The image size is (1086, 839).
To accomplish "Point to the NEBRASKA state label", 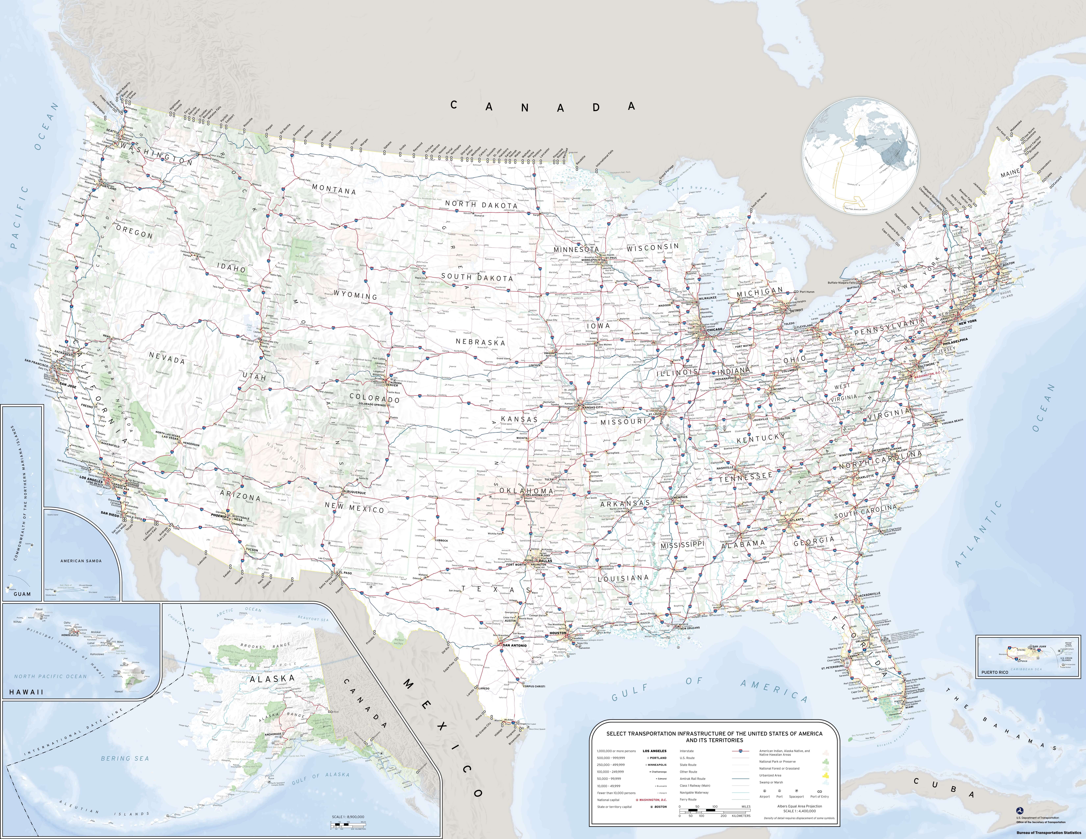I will (480, 342).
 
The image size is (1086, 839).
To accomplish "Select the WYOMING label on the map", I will (355, 295).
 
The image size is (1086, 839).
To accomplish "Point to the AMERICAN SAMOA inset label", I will (81, 561).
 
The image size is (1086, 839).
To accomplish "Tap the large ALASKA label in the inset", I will (272, 678).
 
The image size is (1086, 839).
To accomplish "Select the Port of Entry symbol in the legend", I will (819, 790).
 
